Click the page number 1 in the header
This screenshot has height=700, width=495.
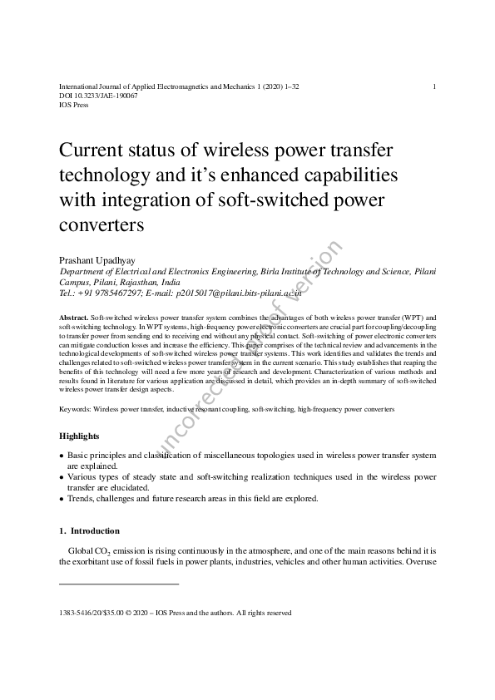[435, 86]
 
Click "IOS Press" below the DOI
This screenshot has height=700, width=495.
[74, 105]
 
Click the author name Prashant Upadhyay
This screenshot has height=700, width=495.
[97, 260]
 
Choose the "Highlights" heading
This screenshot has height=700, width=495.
[79, 436]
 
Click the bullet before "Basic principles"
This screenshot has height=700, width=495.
[62, 456]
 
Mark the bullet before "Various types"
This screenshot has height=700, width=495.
[62, 477]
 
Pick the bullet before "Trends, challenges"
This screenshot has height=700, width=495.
[62, 499]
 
